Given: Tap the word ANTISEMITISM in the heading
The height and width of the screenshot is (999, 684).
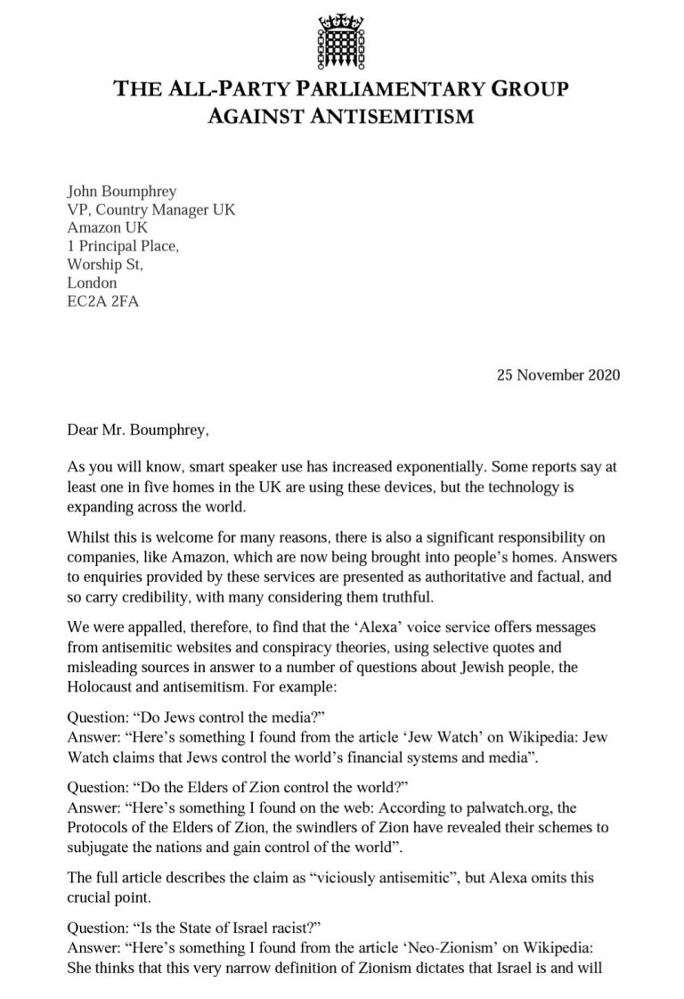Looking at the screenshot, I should (391, 117).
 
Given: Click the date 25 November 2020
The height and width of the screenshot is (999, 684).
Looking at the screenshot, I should (558, 374).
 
